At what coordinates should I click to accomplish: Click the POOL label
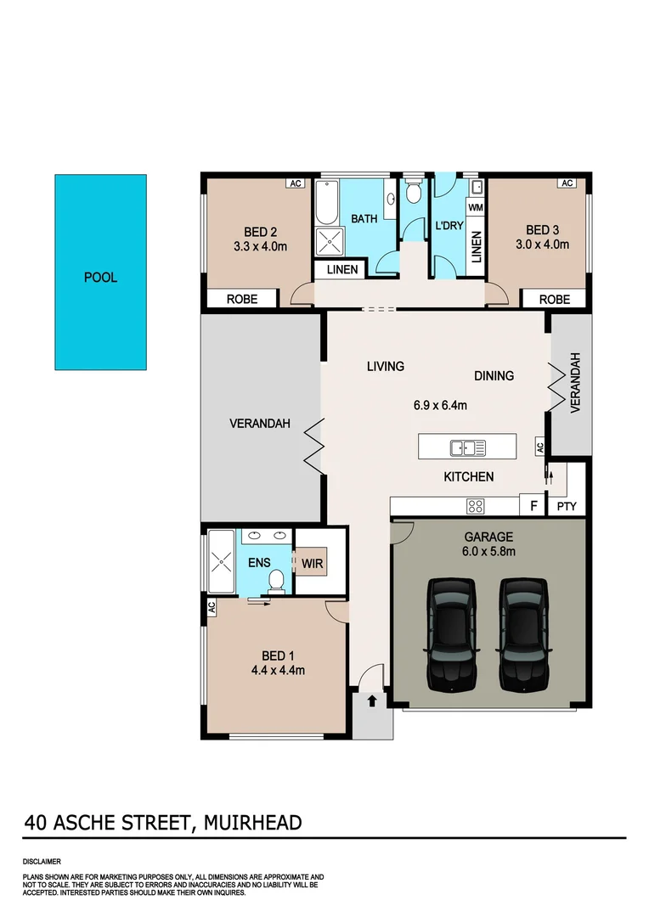point(100,278)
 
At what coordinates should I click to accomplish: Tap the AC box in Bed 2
point(295,183)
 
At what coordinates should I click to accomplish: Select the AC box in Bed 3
point(567,183)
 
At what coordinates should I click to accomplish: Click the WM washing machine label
point(476,207)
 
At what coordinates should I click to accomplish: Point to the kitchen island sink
point(467,447)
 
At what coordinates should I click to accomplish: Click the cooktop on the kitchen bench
point(476,507)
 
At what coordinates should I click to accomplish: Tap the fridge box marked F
point(533,507)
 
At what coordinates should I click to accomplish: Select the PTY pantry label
point(567,507)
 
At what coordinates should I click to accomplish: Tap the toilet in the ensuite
point(275,580)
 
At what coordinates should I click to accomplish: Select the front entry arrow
point(372,701)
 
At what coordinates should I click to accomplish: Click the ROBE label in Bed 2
point(242,299)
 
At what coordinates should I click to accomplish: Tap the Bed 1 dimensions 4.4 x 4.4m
point(278,670)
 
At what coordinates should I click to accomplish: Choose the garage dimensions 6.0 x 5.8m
point(489,551)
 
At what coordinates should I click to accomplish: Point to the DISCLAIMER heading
point(42,861)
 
